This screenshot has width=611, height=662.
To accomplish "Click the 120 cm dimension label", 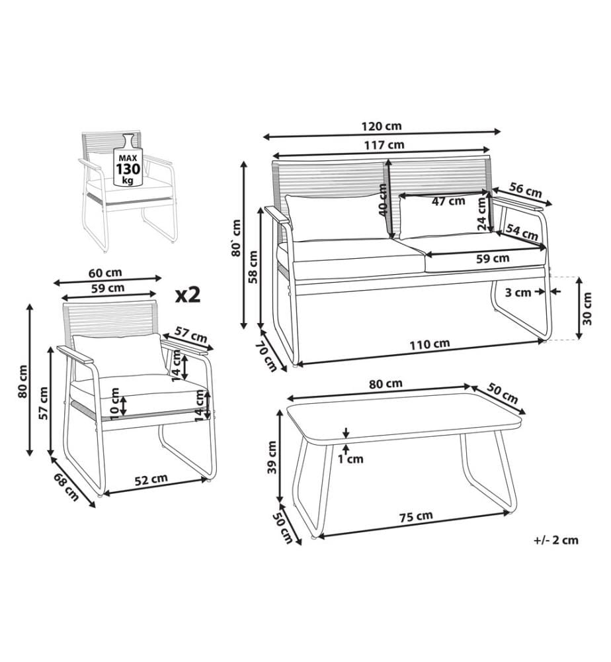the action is [382, 126].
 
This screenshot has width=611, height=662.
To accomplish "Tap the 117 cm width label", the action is [384, 145].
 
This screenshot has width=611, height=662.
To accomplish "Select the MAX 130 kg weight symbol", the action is [128, 160].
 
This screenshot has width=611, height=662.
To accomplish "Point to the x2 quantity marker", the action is [188, 295].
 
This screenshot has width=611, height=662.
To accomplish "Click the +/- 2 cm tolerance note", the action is [556, 540].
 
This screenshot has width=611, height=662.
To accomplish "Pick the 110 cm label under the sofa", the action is [430, 344].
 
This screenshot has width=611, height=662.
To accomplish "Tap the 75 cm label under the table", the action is [416, 516].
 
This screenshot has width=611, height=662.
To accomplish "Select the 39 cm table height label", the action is [272, 457].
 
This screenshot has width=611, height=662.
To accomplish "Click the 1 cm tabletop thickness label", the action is [350, 459].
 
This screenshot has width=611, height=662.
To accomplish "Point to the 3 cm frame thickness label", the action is [518, 292].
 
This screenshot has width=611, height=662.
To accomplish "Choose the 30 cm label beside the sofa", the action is [587, 308].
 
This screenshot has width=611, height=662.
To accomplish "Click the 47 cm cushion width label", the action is [448, 201].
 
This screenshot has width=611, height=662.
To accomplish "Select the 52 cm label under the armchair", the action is [151, 479].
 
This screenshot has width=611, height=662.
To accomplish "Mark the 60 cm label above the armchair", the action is [105, 273].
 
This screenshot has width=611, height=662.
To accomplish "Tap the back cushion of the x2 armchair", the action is [119, 355].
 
